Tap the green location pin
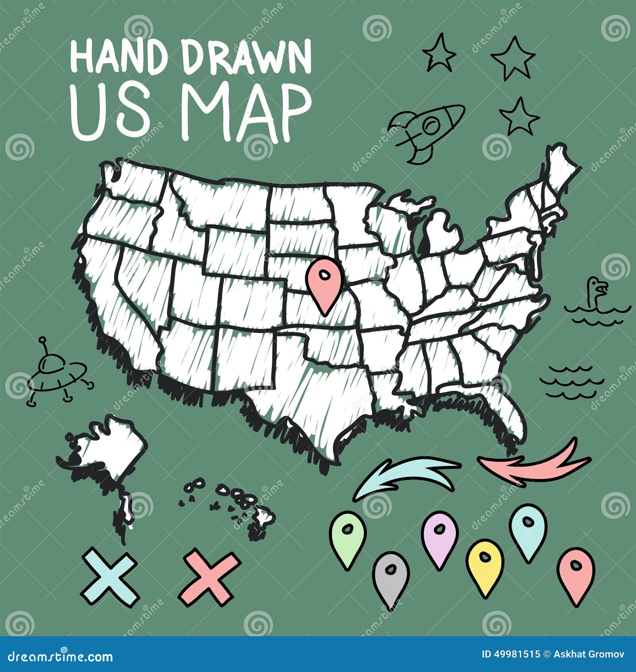pyautogui.click(x=347, y=535)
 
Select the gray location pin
pyautogui.click(x=391, y=577)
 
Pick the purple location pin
pyautogui.click(x=439, y=537)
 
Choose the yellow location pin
pyautogui.click(x=485, y=565)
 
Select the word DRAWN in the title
pyautogui.click(x=246, y=58)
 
